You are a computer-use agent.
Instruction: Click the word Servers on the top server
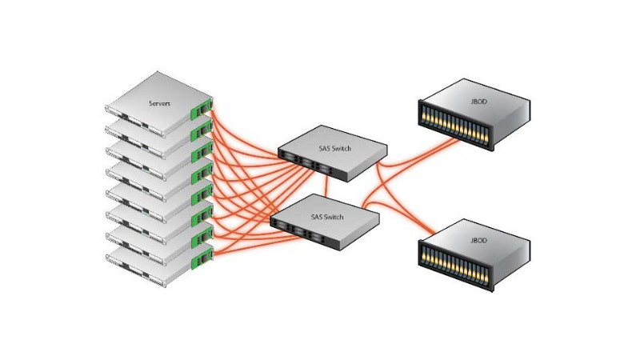click(x=159, y=104)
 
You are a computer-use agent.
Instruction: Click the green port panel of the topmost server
click(x=201, y=108)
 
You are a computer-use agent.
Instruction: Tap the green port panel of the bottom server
click(x=201, y=256)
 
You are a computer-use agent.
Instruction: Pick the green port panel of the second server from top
click(x=201, y=130)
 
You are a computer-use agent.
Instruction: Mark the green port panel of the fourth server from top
click(x=201, y=171)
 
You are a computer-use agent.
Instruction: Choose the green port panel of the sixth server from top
click(x=201, y=214)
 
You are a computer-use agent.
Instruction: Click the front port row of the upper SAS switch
click(x=310, y=165)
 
